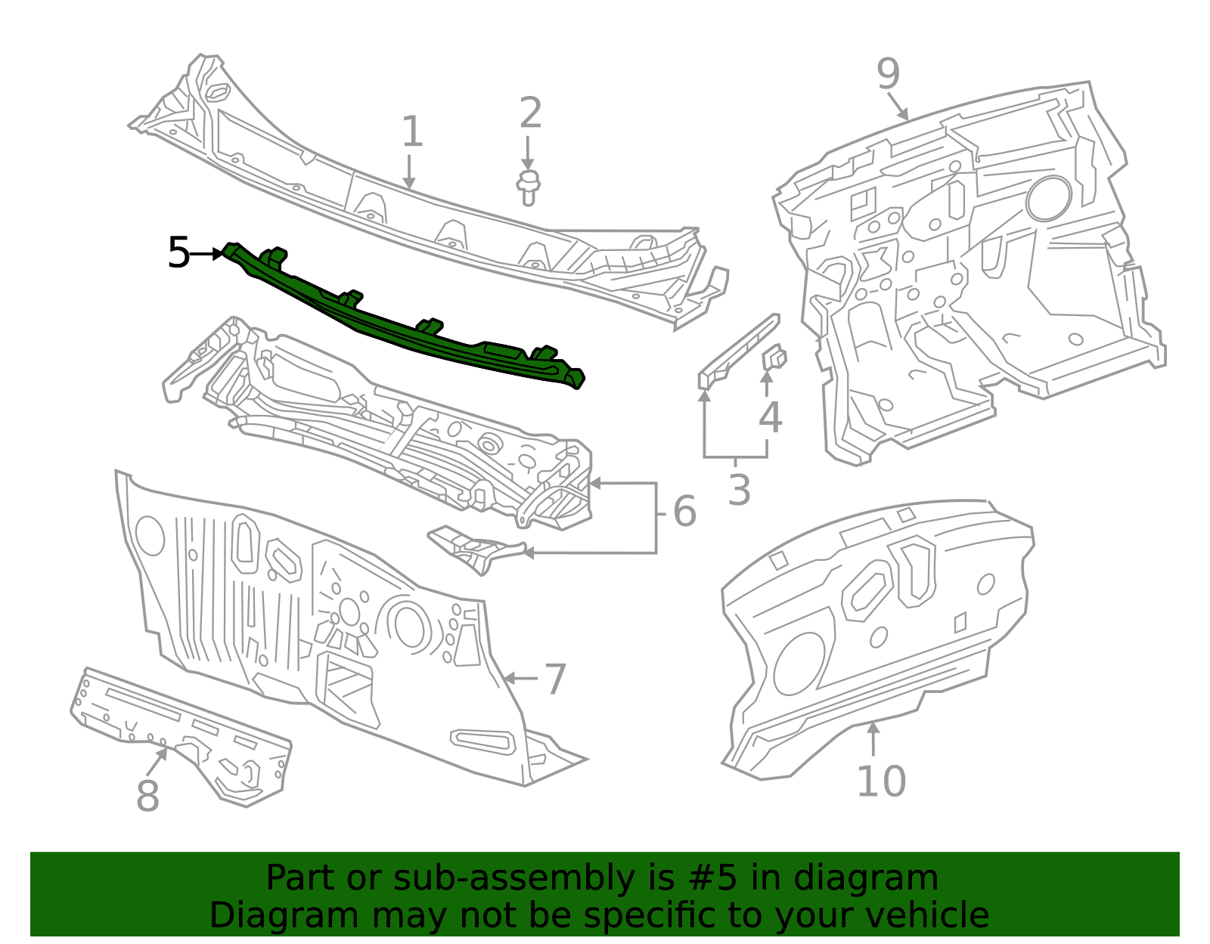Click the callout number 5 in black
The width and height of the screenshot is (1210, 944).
pyautogui.click(x=178, y=253)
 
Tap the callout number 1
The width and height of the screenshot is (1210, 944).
pyautogui.click(x=411, y=133)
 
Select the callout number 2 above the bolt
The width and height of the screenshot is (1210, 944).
pyautogui.click(x=530, y=113)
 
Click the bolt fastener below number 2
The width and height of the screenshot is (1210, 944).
pyautogui.click(x=529, y=187)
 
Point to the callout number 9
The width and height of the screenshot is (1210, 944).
pyautogui.click(x=889, y=74)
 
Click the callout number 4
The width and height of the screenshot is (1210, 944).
pyautogui.click(x=770, y=418)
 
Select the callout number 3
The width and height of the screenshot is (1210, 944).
pyautogui.click(x=739, y=490)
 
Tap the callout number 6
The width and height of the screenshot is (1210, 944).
pyautogui.click(x=684, y=512)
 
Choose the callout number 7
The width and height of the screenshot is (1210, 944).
pyautogui.click(x=555, y=679)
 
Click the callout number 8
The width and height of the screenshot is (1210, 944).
pyautogui.click(x=147, y=796)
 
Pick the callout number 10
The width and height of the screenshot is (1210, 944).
pyautogui.click(x=880, y=782)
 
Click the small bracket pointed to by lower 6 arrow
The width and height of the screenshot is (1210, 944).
pyautogui.click(x=473, y=548)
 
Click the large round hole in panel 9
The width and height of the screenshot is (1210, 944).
pyautogui.click(x=1048, y=198)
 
